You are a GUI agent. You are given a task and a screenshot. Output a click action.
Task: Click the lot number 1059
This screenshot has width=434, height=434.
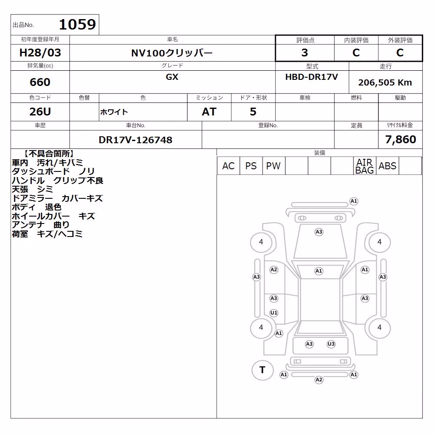[x=77, y=24]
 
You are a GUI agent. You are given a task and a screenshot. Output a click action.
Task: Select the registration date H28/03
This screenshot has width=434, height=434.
[x=40, y=53]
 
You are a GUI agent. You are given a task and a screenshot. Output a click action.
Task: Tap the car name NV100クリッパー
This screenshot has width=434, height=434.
[x=172, y=53]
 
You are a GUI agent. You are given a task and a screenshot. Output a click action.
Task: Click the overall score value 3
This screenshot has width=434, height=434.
[x=305, y=53]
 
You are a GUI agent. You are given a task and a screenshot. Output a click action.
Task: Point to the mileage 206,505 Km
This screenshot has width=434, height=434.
[x=385, y=82]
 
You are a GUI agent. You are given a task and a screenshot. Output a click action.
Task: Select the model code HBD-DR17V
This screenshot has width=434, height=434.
[x=312, y=77]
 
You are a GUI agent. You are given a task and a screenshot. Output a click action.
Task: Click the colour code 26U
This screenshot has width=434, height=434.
[x=40, y=112]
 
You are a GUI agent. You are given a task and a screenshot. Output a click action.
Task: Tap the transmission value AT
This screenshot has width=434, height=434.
[x=209, y=112]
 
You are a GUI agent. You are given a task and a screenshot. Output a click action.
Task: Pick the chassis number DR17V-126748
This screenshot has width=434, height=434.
[x=135, y=140]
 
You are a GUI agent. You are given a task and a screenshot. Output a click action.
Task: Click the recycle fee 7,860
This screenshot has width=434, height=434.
[x=401, y=139]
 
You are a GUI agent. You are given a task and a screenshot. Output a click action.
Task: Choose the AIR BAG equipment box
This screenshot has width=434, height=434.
[x=365, y=166]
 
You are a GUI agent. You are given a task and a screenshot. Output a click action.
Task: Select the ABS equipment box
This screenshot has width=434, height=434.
[x=387, y=166]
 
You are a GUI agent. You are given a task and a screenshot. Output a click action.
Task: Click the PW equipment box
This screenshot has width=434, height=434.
[x=273, y=166]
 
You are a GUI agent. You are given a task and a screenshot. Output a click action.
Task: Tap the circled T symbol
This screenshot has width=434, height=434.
[x=263, y=370]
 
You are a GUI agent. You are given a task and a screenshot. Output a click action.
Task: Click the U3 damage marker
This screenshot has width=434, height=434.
[x=331, y=344]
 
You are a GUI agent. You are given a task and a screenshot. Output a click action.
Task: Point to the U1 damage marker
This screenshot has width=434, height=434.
[x=274, y=313]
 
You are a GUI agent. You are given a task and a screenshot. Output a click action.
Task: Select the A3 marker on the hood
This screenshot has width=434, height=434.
[x=319, y=232]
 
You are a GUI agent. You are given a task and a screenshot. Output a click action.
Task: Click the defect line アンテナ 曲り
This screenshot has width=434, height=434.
[x=40, y=225]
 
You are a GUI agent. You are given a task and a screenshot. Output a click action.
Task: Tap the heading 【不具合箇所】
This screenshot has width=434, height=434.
[x=49, y=154]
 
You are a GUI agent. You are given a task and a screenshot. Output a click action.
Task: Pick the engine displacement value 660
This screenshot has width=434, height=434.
[x=40, y=82]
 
